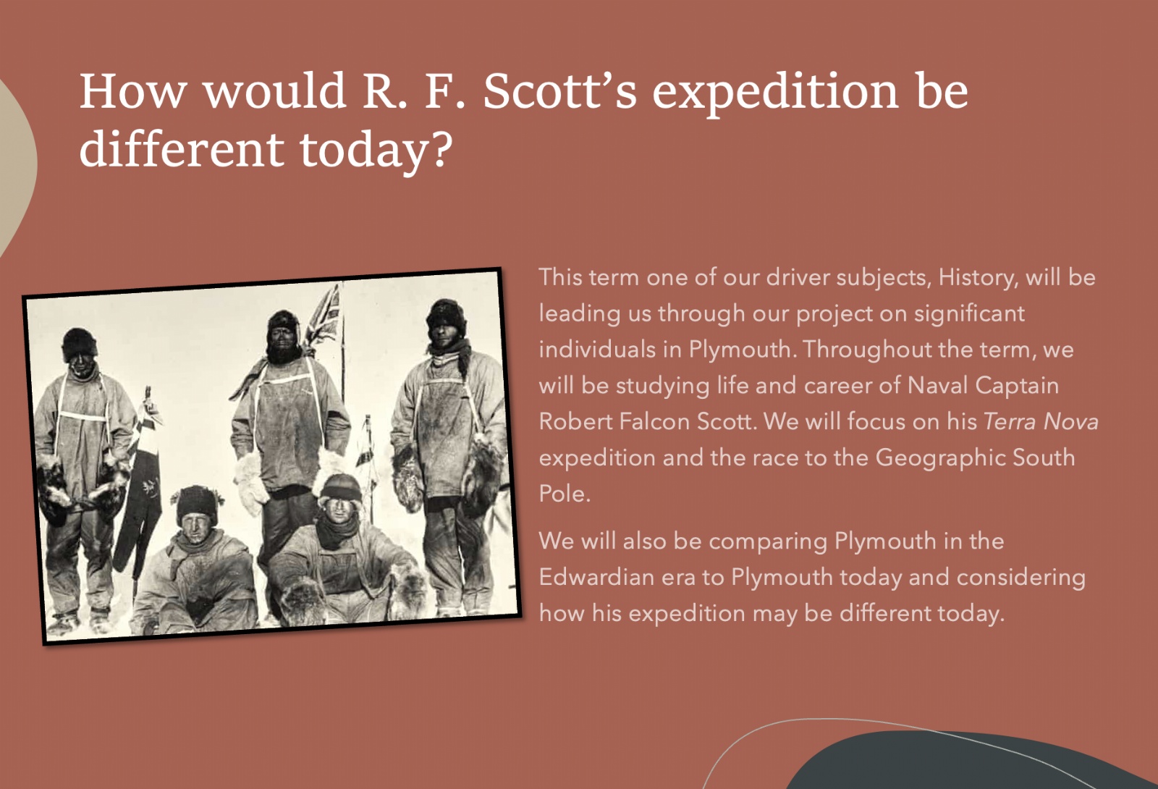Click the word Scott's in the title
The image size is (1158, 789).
559,91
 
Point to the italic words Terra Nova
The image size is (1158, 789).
1041,421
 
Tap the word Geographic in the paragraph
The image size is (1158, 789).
939,458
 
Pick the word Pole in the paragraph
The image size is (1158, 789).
565,493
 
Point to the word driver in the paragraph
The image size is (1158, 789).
797,278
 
